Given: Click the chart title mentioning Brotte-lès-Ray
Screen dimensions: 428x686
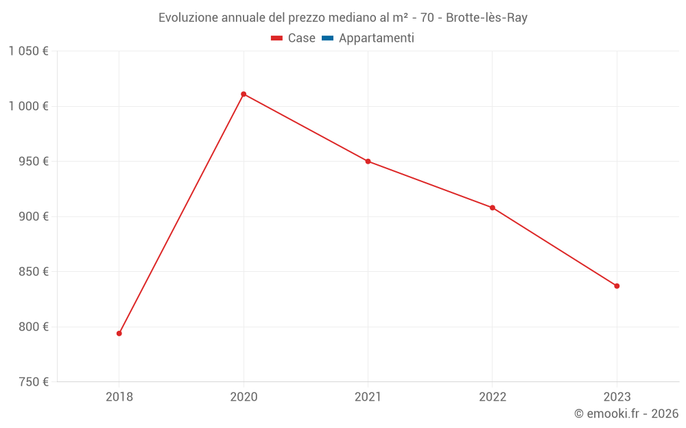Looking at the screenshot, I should click(x=343, y=18).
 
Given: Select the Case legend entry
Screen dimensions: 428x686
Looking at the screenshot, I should click(x=293, y=38).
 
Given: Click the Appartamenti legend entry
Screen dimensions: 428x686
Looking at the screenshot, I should click(x=368, y=38).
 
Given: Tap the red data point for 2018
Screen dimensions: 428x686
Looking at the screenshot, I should click(x=119, y=333).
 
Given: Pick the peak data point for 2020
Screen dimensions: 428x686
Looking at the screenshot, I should click(x=244, y=94).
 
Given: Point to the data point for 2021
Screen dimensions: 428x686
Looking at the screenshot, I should click(x=368, y=162).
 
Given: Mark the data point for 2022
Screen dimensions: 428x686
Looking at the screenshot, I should click(x=493, y=207).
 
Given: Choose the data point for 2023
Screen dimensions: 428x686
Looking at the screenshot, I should click(x=617, y=286).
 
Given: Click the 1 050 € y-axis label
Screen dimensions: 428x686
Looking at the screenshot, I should click(x=28, y=51).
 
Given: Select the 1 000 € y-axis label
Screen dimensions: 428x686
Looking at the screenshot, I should click(x=28, y=106).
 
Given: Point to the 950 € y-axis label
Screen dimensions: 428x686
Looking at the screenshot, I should click(x=32, y=162).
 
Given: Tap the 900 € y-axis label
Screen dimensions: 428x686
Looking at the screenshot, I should click(x=32, y=216).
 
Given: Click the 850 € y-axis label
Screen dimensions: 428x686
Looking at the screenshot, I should click(x=32, y=272).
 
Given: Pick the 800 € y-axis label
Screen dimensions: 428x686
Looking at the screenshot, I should click(x=32, y=327).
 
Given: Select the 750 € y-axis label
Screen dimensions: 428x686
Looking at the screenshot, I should click(x=32, y=382).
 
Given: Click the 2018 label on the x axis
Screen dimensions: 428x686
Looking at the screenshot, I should click(x=119, y=396).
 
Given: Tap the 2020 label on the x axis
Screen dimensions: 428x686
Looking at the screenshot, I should click(x=244, y=396).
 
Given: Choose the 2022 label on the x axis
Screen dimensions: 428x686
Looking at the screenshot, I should click(x=493, y=396).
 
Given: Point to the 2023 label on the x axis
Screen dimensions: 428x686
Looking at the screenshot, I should click(x=617, y=396).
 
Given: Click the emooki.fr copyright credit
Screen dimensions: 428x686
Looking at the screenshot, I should click(x=626, y=414).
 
